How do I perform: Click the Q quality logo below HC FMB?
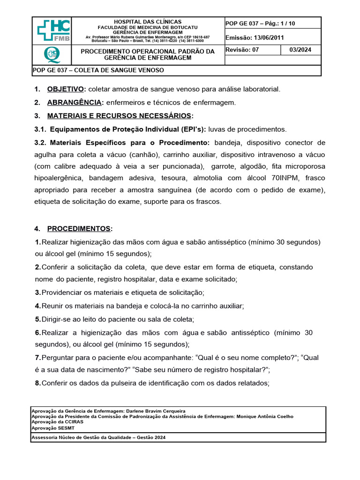tap(52, 55)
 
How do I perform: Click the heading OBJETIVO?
tap(66, 89)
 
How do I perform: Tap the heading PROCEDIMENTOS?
tap(79, 229)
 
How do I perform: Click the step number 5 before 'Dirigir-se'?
tap(37, 319)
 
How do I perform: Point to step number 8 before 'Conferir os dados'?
tap(37, 383)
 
